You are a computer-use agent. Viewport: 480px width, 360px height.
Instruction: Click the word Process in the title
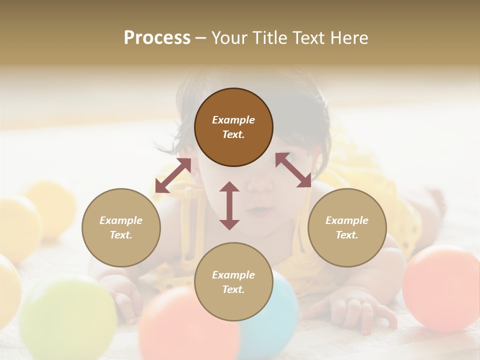157,38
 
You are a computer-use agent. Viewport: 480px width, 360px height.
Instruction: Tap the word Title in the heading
265,38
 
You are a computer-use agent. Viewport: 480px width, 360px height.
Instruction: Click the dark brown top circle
233,127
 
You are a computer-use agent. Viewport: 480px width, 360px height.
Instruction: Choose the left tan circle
121,227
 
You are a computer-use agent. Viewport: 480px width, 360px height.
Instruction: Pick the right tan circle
347,227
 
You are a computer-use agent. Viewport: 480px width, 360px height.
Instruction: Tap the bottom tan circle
233,282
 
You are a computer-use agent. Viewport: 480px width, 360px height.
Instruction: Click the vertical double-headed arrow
229,205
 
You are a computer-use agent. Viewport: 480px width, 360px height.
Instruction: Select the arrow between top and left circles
173,176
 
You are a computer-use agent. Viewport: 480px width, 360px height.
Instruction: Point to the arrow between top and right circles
293,170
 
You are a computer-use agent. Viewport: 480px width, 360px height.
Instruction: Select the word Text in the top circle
233,134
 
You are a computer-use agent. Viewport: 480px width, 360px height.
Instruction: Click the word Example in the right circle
347,220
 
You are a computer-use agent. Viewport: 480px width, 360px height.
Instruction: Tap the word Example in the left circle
121,220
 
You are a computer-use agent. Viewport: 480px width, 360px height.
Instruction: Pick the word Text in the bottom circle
233,289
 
